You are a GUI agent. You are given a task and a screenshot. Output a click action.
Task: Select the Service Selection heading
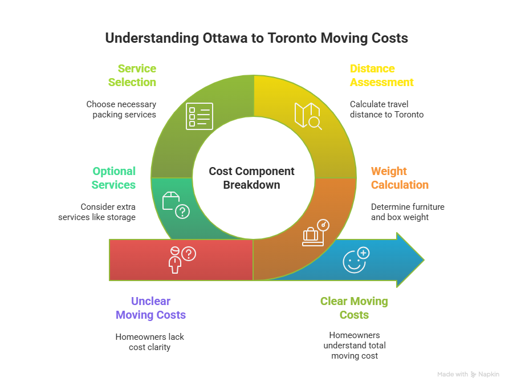[132, 75]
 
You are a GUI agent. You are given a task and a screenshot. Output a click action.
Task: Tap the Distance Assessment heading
[381, 75]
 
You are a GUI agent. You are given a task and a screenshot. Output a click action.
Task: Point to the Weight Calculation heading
[400, 178]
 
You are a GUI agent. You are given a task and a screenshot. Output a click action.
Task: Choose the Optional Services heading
[114, 178]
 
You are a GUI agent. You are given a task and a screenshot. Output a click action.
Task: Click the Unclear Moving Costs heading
[150, 308]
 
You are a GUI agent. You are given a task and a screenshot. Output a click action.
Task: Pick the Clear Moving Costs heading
[354, 308]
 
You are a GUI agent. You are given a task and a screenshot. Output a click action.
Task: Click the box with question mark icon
[176, 205]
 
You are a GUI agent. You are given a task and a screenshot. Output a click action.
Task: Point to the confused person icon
[180, 259]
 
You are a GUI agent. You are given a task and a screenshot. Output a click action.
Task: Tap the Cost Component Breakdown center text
[251, 178]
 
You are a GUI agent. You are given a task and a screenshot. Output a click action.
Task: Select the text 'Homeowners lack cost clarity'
[149, 342]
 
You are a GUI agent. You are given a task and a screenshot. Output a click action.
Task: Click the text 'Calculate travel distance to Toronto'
[386, 109]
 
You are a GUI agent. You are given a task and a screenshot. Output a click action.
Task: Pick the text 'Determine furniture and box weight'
[407, 212]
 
